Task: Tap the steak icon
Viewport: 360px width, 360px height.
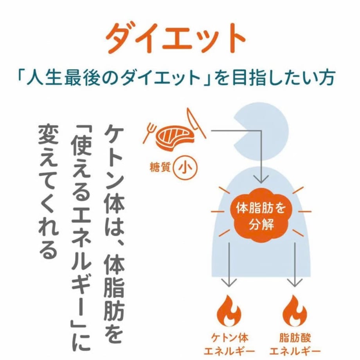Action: pos(175,138)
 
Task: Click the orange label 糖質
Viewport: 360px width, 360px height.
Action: pos(160,167)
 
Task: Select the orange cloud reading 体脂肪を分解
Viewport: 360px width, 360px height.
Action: pos(261,216)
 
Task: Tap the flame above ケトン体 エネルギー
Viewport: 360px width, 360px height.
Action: pos(229,311)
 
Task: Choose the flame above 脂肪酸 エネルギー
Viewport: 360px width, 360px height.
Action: pos(294,311)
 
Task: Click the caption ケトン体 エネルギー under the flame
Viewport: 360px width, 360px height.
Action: pos(229,345)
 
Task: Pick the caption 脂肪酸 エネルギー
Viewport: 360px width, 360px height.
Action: pos(295,345)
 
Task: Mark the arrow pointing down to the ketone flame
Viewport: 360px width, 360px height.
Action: pos(229,264)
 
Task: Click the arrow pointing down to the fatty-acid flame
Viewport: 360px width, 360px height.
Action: pos(295,264)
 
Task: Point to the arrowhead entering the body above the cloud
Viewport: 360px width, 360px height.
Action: pos(261,180)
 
